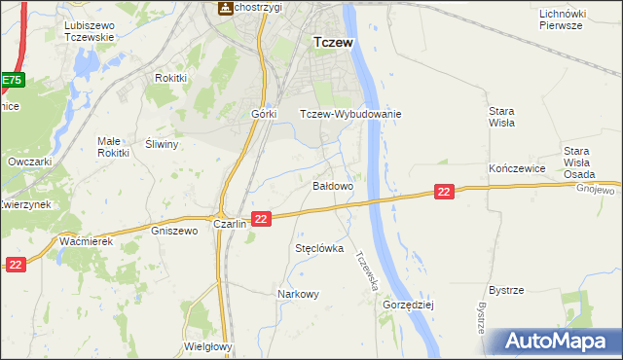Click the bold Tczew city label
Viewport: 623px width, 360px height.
point(332,43)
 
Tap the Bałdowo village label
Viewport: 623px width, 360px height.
point(332,185)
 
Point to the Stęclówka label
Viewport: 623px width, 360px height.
point(319,248)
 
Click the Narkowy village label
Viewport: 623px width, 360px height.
point(298,294)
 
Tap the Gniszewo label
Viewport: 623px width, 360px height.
point(175,232)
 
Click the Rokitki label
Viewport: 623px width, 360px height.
point(170,78)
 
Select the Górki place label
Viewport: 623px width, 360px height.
point(265,114)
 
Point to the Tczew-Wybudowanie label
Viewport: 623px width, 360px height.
point(350,114)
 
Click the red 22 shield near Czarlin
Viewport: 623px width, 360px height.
point(260,220)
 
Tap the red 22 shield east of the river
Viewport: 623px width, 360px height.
point(444,193)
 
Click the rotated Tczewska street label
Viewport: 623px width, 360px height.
point(368,273)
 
